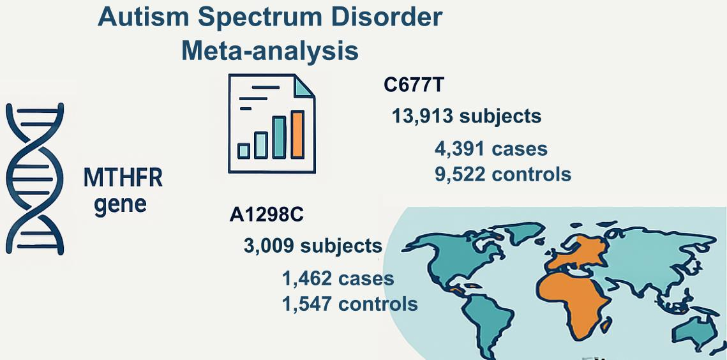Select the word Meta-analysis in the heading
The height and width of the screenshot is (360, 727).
tap(269, 51)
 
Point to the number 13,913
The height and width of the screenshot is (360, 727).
tap(422, 116)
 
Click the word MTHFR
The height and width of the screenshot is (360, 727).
tap(123, 178)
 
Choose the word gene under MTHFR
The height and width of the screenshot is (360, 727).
tap(120, 205)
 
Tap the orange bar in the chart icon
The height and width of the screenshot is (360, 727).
tap(297, 134)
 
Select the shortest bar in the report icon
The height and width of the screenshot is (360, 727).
tap(244, 151)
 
